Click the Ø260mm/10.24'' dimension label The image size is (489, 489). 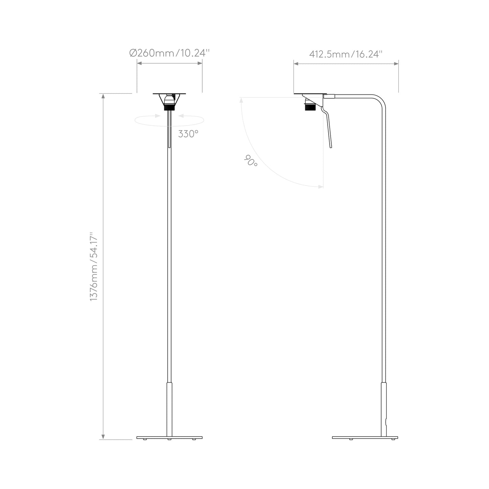pyautogui.click(x=170, y=53)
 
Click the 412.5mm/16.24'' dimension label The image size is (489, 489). pyautogui.click(x=346, y=54)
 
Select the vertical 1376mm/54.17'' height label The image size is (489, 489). pyautogui.click(x=94, y=267)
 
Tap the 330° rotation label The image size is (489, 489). pyautogui.click(x=188, y=134)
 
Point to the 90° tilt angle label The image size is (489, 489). pyautogui.click(x=250, y=160)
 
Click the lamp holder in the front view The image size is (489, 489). pyautogui.click(x=169, y=101)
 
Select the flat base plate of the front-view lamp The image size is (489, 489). pyautogui.click(x=169, y=438)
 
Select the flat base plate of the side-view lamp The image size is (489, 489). pyautogui.click(x=365, y=438)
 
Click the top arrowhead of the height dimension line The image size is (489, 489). pyautogui.click(x=104, y=96)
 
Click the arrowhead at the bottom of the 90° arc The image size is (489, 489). pyautogui.click(x=320, y=186)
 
